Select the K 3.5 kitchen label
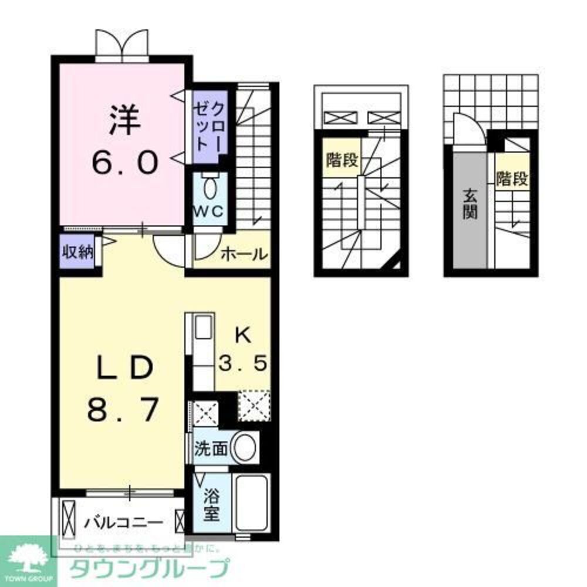(243, 350)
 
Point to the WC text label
(210, 212)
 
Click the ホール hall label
(244, 255)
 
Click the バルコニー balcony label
(122, 521)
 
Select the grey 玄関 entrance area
(469, 210)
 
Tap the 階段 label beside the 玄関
(512, 178)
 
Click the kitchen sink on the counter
(203, 326)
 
